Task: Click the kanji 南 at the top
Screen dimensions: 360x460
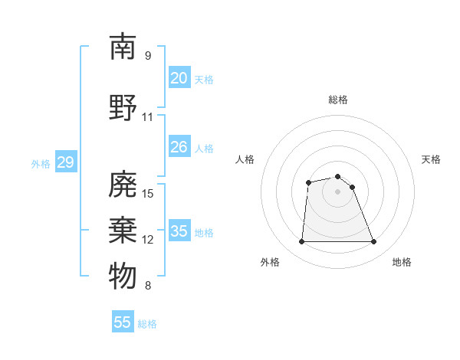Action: pyautogui.click(x=123, y=47)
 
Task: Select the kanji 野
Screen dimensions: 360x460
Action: pyautogui.click(x=123, y=108)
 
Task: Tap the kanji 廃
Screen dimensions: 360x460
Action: pyautogui.click(x=123, y=185)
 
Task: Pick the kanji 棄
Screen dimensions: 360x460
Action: pyautogui.click(x=123, y=231)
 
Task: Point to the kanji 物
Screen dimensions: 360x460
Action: pyautogui.click(x=123, y=277)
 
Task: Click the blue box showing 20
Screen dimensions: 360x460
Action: pyautogui.click(x=179, y=78)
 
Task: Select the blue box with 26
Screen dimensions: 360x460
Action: pyautogui.click(x=179, y=147)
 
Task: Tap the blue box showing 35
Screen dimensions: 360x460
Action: pyautogui.click(x=179, y=231)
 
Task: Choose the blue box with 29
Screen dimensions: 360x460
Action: pyautogui.click(x=65, y=162)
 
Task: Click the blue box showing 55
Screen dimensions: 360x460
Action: pyautogui.click(x=123, y=322)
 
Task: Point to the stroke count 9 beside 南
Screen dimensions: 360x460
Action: pyautogui.click(x=148, y=56)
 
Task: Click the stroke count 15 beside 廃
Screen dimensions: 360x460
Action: pyautogui.click(x=148, y=194)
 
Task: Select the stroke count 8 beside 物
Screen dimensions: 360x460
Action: pyautogui.click(x=148, y=286)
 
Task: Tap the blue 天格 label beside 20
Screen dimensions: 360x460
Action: pyautogui.click(x=203, y=80)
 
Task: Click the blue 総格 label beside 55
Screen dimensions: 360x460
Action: pyautogui.click(x=147, y=324)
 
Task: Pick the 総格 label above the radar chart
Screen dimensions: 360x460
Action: pyautogui.click(x=337, y=100)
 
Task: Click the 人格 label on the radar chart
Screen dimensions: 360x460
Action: pyautogui.click(x=245, y=159)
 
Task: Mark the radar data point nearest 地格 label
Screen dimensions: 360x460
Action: pyautogui.click(x=374, y=242)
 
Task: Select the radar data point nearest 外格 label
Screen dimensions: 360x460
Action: pyautogui.click(x=301, y=242)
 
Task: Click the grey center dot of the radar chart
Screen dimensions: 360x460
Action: pyautogui.click(x=337, y=191)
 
